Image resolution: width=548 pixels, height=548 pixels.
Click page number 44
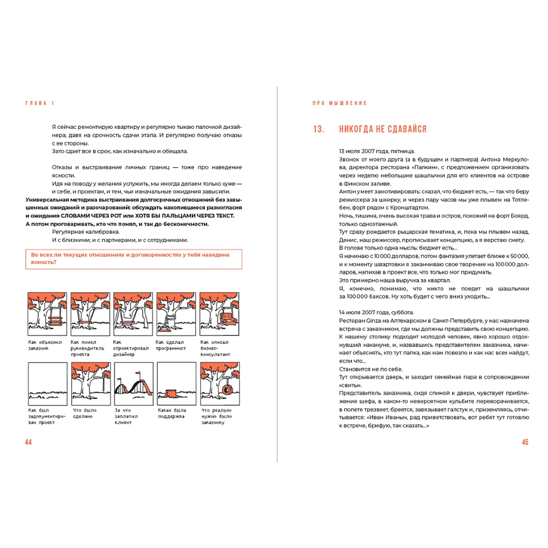click(28, 442)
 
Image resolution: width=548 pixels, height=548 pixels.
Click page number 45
click(524, 442)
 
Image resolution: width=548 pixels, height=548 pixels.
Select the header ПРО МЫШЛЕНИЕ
click(340, 103)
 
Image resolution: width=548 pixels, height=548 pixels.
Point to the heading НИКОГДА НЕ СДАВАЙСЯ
click(383, 129)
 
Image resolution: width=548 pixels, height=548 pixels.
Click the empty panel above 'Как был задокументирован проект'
click(47, 384)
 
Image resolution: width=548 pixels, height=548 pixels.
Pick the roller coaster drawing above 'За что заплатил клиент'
click(133, 384)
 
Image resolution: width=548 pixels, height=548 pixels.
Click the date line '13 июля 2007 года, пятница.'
click(376, 151)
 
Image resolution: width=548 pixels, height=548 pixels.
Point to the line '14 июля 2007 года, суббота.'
click(377, 311)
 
